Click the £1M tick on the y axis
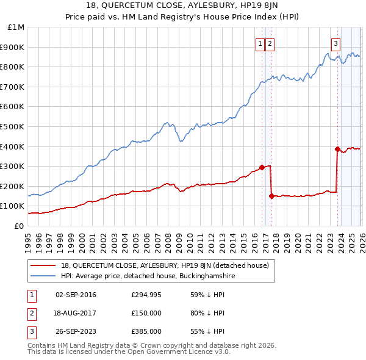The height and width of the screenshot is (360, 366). pyautogui.click(x=16, y=27)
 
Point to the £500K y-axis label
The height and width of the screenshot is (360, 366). pyautogui.click(x=14, y=126)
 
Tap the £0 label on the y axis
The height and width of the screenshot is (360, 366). pyautogui.click(x=20, y=226)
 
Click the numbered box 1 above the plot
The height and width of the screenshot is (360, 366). pyautogui.click(x=260, y=43)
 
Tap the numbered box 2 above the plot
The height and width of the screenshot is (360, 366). pyautogui.click(x=270, y=43)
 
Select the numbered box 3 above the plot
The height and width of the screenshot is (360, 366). pyautogui.click(x=336, y=43)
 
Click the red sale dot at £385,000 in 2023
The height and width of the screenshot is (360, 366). pyautogui.click(x=337, y=149)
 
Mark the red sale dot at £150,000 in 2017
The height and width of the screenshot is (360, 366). pyautogui.click(x=271, y=196)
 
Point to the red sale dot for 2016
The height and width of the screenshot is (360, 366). pyautogui.click(x=262, y=167)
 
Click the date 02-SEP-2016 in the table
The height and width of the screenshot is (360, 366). pyautogui.click(x=76, y=295)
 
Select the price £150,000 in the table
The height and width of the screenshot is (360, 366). pyautogui.click(x=146, y=313)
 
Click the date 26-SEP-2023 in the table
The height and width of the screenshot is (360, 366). pyautogui.click(x=76, y=331)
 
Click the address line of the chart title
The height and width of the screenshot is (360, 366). pyautogui.click(x=183, y=7)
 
